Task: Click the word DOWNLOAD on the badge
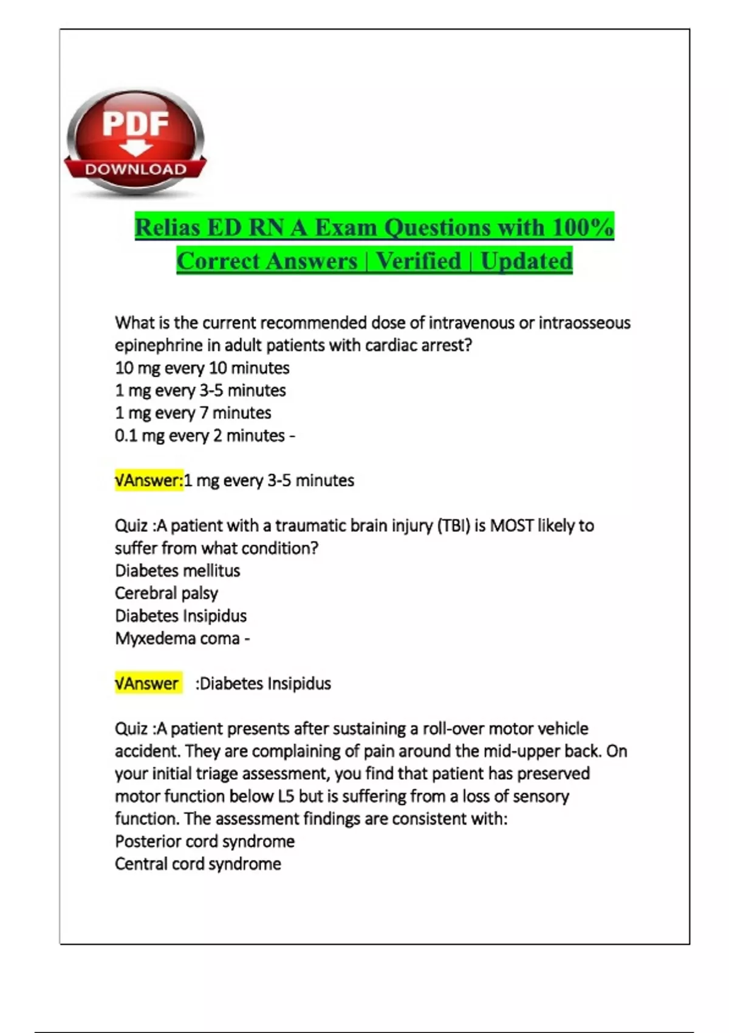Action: tap(135, 170)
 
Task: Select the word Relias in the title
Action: tap(167, 228)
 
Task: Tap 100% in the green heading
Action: tap(583, 228)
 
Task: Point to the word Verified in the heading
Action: tap(419, 261)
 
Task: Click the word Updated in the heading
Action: tap(526, 261)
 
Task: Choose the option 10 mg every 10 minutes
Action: tap(202, 368)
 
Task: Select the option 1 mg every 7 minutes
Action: tap(193, 413)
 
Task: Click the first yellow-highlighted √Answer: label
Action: tap(149, 481)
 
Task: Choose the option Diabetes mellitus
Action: tap(177, 571)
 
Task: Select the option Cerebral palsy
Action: tap(166, 593)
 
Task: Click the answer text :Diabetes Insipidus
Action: tap(263, 684)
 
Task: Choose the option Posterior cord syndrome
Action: tap(205, 842)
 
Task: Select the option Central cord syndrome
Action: tap(198, 864)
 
